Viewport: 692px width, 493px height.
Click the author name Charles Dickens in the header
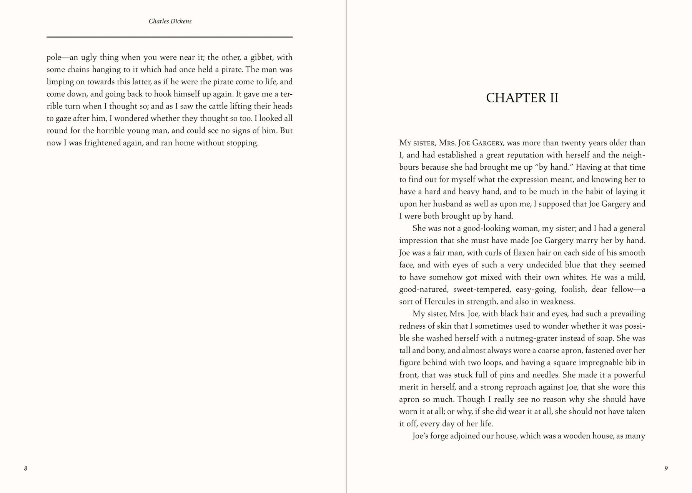click(170, 22)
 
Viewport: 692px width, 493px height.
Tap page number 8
click(26, 468)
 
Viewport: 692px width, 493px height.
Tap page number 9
click(666, 468)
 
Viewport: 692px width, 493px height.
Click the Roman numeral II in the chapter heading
click(551, 98)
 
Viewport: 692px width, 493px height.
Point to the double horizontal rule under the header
click(170, 37)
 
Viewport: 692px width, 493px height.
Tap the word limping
click(60, 82)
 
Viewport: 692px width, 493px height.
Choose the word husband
click(432, 204)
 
